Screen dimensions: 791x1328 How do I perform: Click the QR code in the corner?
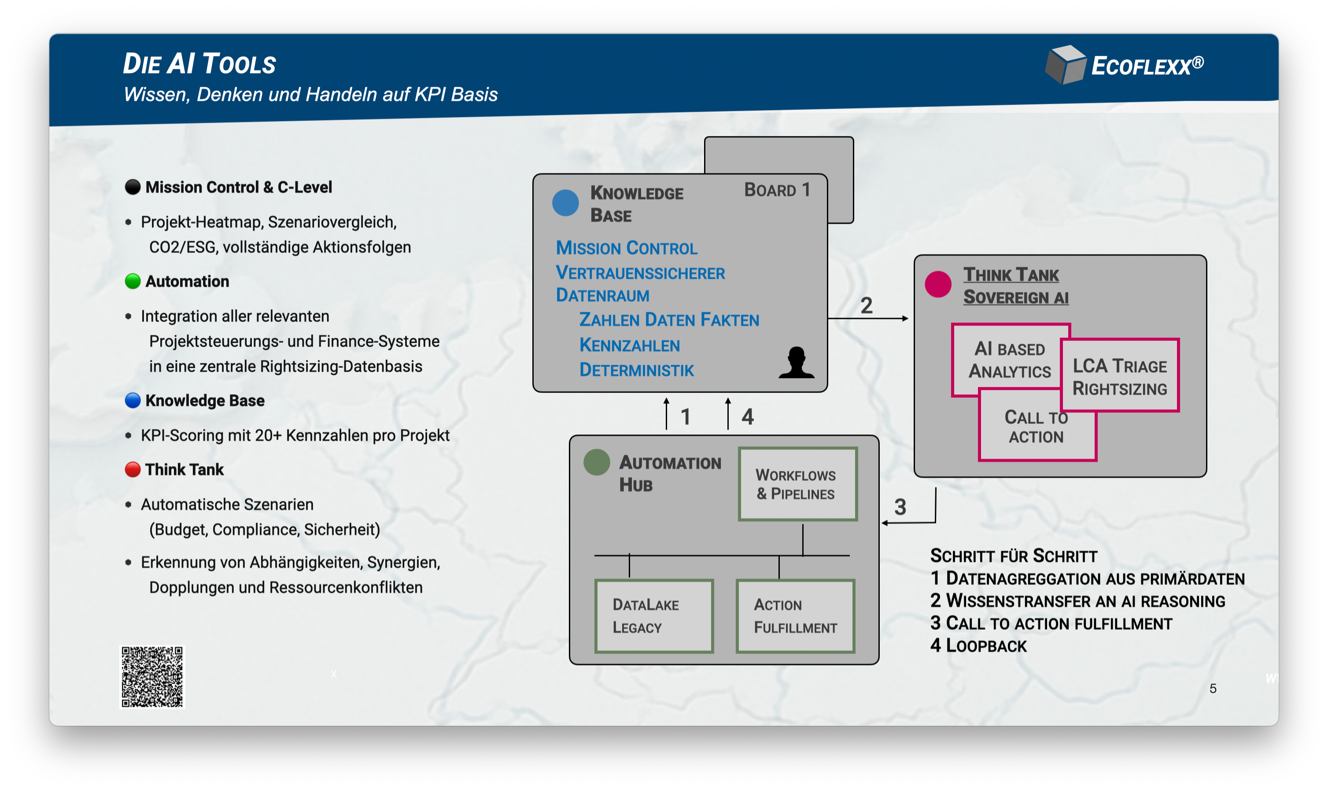click(152, 677)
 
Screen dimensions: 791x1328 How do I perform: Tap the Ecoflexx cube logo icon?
click(1065, 65)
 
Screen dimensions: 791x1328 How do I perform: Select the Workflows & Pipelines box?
click(797, 484)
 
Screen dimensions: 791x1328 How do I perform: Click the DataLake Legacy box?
click(654, 616)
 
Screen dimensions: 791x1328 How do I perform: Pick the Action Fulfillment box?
click(795, 616)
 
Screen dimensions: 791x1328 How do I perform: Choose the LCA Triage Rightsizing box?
click(1120, 376)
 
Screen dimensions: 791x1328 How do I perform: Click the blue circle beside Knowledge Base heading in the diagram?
click(565, 203)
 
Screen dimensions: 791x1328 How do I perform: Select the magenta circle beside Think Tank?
click(938, 284)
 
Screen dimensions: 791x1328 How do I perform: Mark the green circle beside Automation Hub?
click(596, 462)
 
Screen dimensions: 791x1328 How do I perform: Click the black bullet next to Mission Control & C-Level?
click(133, 187)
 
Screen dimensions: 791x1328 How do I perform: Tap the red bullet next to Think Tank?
click(133, 469)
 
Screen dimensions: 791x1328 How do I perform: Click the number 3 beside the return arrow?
click(900, 507)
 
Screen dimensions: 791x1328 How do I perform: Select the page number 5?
click(1213, 689)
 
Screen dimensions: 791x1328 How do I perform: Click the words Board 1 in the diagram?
click(777, 190)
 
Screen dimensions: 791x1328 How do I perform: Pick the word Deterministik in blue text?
click(636, 370)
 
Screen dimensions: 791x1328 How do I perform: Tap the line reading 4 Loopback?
click(978, 646)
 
